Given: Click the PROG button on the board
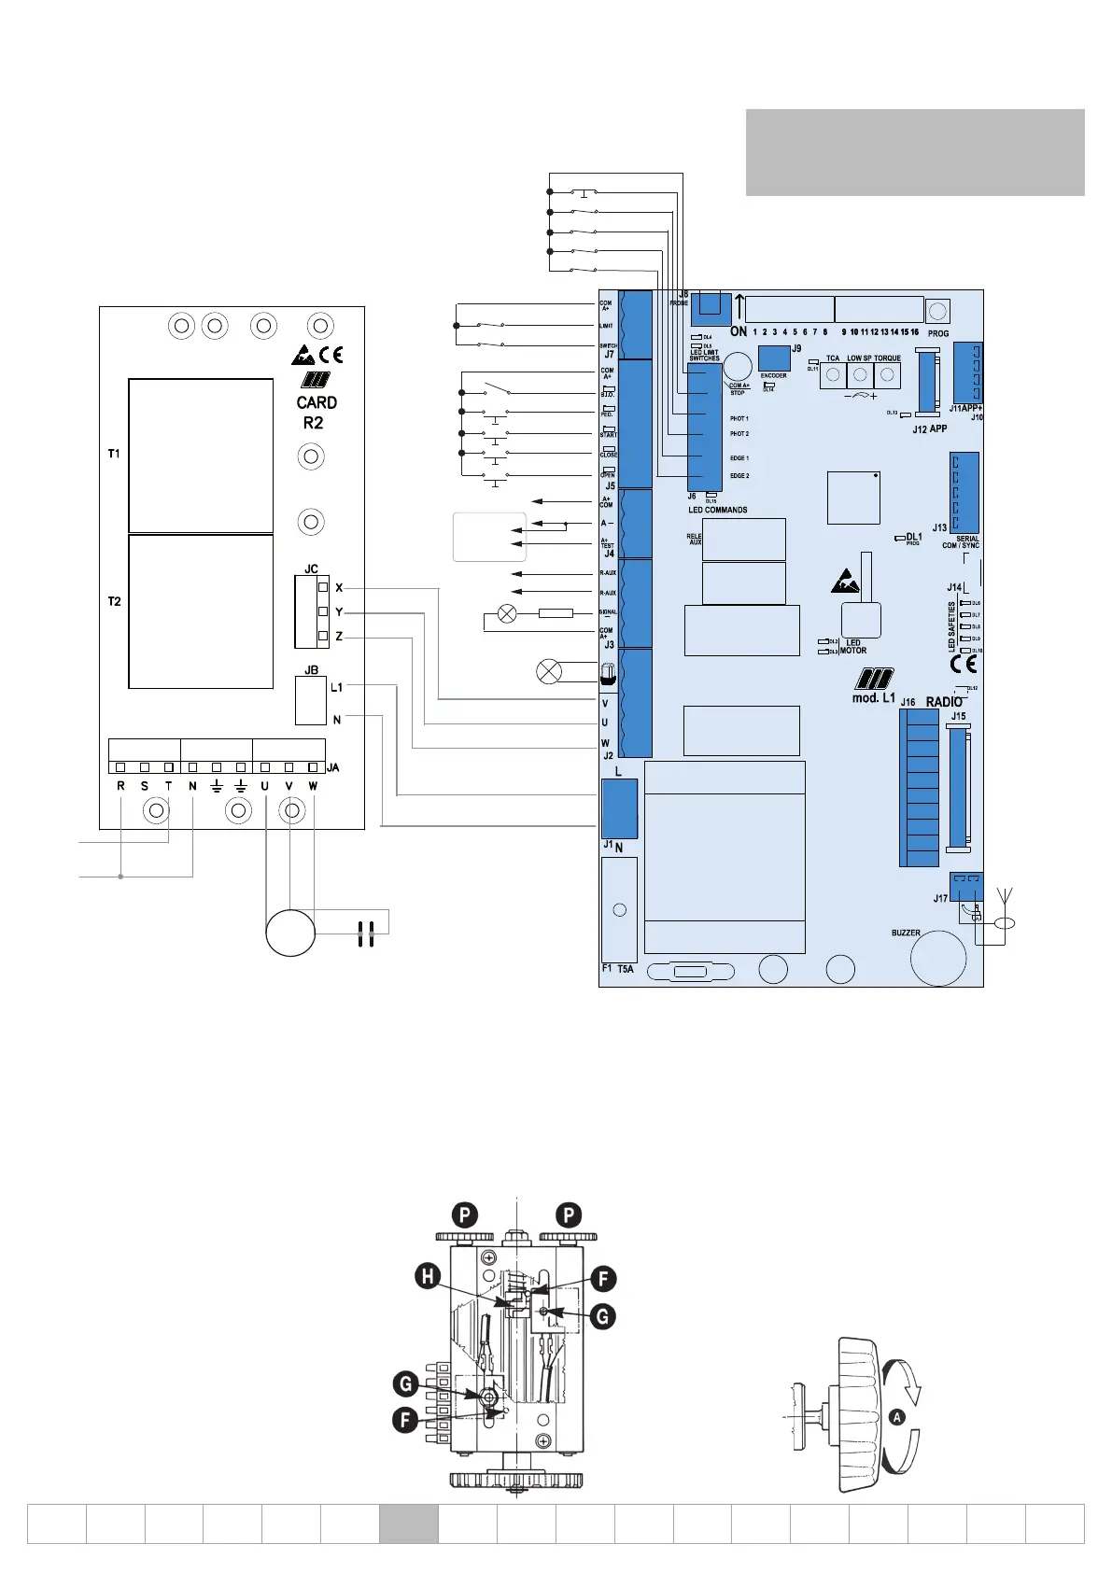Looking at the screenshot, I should coord(938,311).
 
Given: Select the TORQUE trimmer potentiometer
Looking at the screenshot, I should coord(887,375).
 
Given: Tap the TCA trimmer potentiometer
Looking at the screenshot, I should coord(832,375).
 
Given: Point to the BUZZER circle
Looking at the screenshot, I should coord(937,957).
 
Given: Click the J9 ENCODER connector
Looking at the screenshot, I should coord(774,358).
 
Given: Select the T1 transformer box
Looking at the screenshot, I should coord(201,455).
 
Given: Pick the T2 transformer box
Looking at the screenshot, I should coord(201,611).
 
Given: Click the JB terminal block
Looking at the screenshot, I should coord(311,700).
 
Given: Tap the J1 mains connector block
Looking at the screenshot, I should coord(619,808).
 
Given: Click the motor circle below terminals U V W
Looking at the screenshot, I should coord(289,933).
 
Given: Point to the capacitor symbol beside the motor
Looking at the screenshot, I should coord(365,933).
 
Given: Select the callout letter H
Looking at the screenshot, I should coord(429,1277).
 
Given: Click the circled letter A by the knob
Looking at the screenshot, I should coord(897,1417).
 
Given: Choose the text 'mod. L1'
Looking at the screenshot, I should coord(873,697).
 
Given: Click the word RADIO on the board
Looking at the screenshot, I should coord(944,702).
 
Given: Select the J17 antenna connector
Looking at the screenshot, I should coord(966,883).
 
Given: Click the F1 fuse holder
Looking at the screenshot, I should coord(619,909).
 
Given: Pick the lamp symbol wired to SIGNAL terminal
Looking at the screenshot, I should coord(507,613).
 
